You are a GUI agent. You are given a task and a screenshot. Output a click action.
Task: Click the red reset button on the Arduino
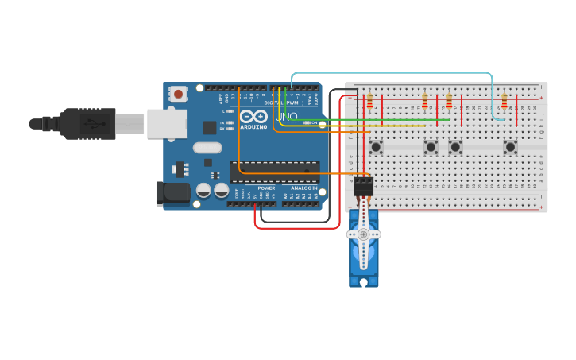point(178,94)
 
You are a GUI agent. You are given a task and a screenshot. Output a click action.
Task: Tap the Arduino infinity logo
point(253,117)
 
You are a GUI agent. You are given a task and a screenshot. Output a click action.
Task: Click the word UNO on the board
point(286,117)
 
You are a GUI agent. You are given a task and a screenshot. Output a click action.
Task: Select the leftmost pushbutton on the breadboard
point(376,146)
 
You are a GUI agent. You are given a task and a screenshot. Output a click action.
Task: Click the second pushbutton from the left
point(431,146)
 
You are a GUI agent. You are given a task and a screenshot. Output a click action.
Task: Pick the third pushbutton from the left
point(455,146)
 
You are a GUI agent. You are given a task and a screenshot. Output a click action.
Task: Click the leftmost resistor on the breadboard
point(369,101)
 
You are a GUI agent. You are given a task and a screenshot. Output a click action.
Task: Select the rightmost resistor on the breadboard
point(504,101)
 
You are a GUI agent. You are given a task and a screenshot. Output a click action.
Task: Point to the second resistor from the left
point(424,101)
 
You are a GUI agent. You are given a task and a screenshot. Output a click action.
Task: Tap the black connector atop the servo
point(364,186)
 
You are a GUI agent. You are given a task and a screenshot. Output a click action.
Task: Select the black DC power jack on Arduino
point(172,193)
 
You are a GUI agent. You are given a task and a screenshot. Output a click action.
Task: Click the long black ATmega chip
point(274,172)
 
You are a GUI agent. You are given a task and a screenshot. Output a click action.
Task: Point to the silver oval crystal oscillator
point(207,147)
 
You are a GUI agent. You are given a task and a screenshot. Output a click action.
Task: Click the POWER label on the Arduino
point(266,188)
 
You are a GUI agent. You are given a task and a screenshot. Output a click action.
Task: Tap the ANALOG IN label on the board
point(303,188)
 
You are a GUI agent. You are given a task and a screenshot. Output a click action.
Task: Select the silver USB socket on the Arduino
point(167,124)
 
